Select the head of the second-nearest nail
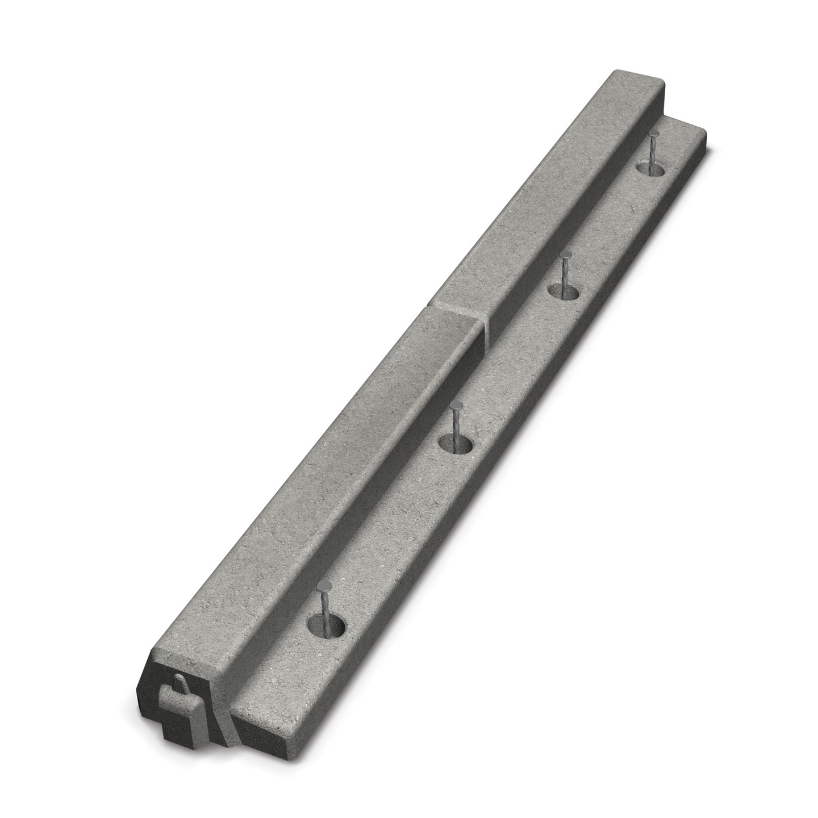pyautogui.click(x=457, y=406)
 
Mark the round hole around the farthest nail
pyautogui.click(x=651, y=169)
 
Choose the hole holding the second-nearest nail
pyautogui.click(x=456, y=443)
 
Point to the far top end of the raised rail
pyautogui.click(x=636, y=80)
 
